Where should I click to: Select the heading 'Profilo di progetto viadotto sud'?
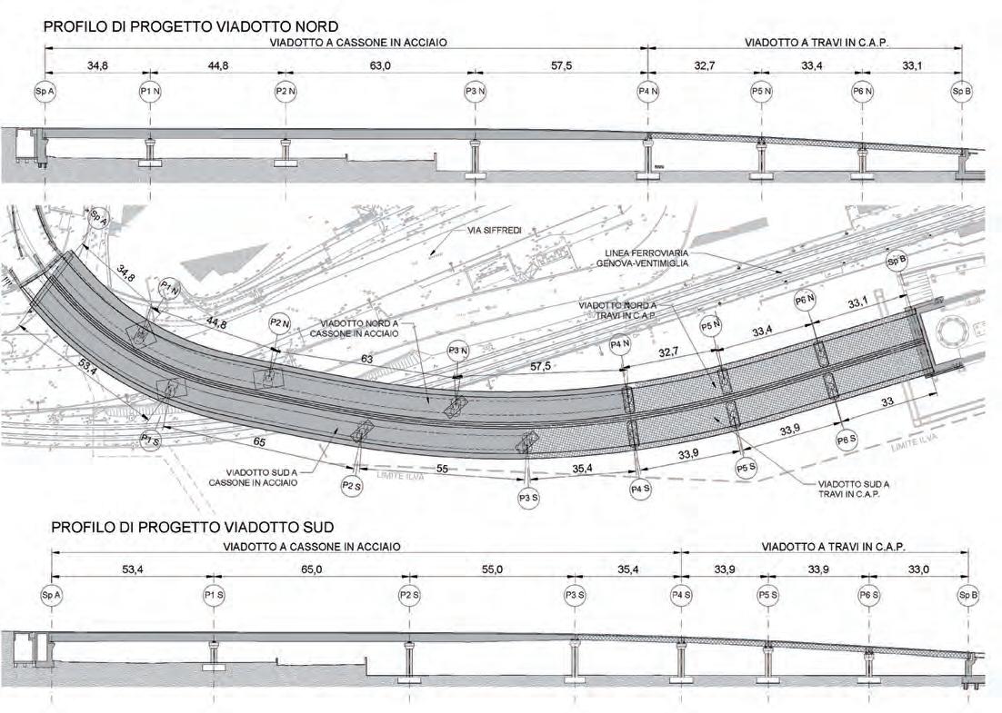pos(186,527)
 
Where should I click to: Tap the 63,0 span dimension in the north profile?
pos(379,66)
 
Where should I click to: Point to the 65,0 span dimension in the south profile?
pos(312,569)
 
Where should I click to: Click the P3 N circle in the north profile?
pos(472,92)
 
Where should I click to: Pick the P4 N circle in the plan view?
pos(621,345)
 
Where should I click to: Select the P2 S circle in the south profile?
pos(409,595)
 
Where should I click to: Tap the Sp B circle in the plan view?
pos(897,262)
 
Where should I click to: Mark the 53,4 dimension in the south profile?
pos(132,569)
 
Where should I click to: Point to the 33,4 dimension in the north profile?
pos(810,66)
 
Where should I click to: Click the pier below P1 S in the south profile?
pos(214,654)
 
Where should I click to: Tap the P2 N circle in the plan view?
pos(278,323)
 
